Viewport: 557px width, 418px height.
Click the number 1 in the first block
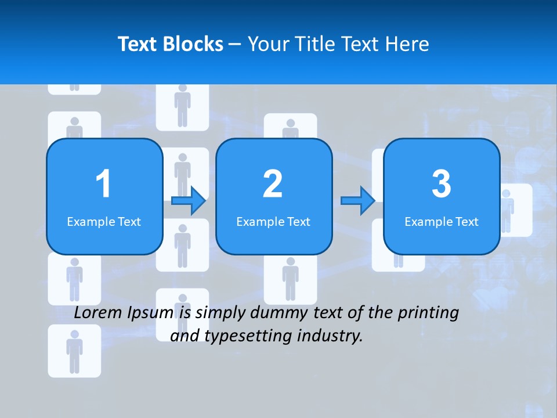click(103, 184)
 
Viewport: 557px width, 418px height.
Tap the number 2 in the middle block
click(273, 184)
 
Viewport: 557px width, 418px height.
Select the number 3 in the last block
click(442, 184)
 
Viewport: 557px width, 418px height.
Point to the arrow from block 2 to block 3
click(357, 201)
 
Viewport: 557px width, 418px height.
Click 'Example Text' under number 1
click(104, 221)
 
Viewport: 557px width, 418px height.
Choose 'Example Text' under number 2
click(273, 221)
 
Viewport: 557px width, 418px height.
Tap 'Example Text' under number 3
click(442, 221)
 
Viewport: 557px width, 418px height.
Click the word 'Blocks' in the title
click(191, 44)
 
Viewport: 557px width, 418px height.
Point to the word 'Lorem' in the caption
click(97, 313)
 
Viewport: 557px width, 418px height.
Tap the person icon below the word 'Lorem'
click(74, 351)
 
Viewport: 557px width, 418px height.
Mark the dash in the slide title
click(235, 45)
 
